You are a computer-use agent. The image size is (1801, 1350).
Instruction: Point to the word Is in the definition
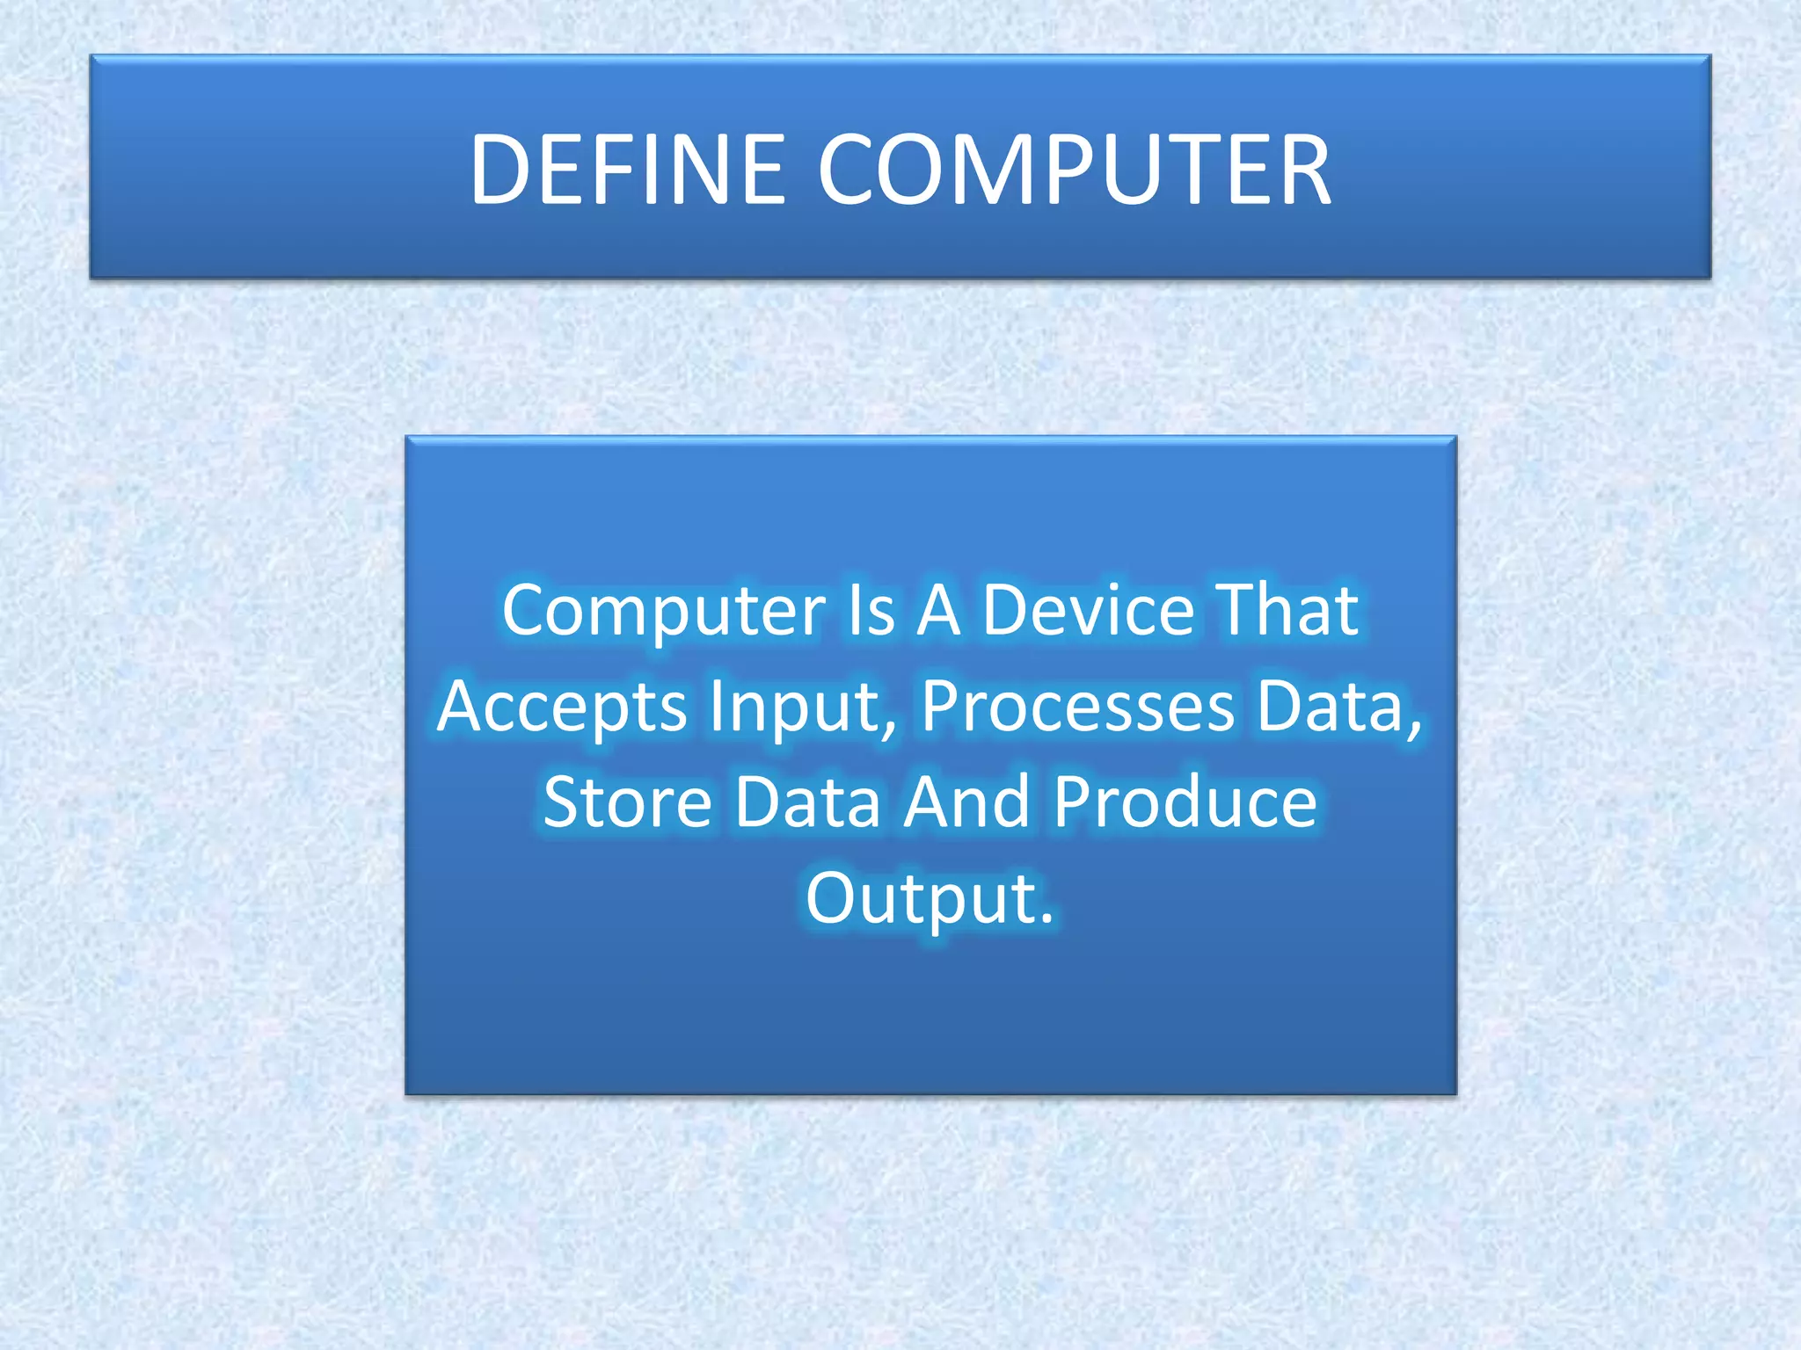click(871, 611)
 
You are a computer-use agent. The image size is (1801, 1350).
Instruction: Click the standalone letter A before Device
click(938, 611)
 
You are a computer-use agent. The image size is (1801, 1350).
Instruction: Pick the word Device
click(1088, 611)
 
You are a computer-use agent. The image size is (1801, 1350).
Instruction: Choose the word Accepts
click(562, 708)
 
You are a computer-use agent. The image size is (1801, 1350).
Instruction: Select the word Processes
click(1078, 707)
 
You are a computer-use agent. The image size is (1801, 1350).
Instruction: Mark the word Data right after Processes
click(1330, 707)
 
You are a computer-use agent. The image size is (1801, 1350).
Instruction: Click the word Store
click(627, 802)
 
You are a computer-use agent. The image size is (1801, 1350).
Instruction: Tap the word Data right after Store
click(807, 802)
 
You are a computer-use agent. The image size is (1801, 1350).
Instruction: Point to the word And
click(966, 802)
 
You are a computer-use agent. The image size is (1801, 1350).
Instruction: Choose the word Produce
click(1185, 802)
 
